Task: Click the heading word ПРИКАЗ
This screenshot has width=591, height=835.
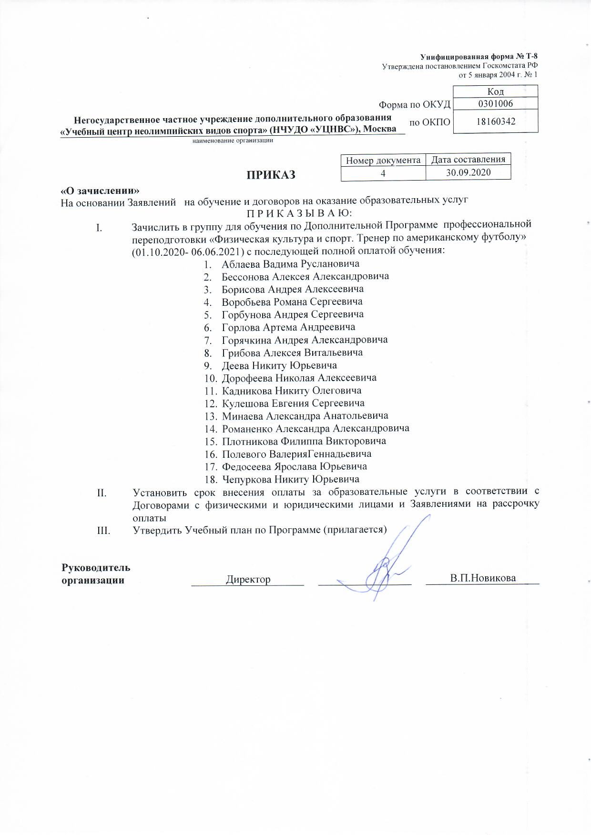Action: coord(270,175)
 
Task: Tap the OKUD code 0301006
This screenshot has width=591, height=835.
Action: coord(496,103)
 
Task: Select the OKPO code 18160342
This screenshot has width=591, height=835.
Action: coord(496,121)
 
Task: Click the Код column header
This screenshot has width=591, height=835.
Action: coord(496,91)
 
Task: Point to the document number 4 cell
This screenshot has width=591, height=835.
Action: coord(383,173)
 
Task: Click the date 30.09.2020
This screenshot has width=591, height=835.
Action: coord(468,172)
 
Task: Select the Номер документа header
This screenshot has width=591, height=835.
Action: coord(383,161)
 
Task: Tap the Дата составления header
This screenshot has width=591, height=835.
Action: coord(468,160)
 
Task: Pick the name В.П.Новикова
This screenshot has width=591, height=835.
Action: coord(483,578)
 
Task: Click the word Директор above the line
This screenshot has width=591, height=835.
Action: coord(248,579)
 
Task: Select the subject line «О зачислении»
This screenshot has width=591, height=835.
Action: coord(100,190)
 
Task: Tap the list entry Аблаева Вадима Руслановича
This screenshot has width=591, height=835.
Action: coord(290,263)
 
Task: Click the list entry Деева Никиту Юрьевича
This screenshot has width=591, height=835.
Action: coord(279,365)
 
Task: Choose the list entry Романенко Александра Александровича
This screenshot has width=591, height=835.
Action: coord(316,428)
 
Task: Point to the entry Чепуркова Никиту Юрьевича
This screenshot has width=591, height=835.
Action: coord(290,479)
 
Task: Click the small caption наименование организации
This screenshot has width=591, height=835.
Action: coord(233,141)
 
